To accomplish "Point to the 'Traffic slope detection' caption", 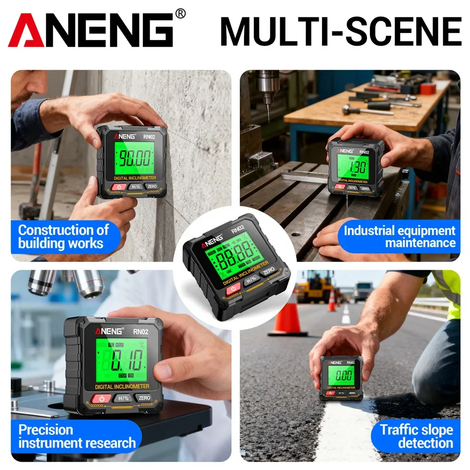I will [x=416, y=436].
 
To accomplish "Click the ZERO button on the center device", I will [x=268, y=271].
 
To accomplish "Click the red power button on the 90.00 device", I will [x=119, y=187].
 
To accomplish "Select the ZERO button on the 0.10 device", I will [x=145, y=398].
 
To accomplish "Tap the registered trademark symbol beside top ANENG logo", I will [x=180, y=14].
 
